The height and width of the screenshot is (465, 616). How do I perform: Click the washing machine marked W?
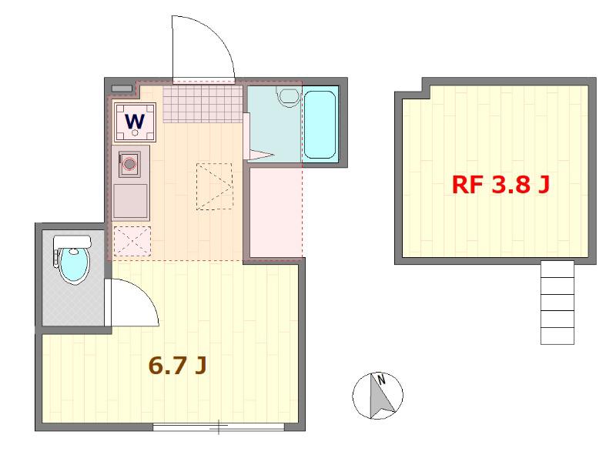point(135,122)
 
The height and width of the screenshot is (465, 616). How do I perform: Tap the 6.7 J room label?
point(177,366)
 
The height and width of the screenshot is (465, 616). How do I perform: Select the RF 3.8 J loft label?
point(500,185)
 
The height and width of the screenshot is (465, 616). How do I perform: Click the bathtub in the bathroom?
point(320,125)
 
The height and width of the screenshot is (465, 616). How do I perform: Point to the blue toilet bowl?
point(74,265)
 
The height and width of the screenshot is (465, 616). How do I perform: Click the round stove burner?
point(129,164)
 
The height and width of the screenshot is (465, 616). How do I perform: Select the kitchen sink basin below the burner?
point(130,201)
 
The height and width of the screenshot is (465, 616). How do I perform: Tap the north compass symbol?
point(377,395)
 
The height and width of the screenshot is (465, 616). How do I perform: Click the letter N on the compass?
point(381,380)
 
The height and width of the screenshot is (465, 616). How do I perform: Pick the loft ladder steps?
point(557,303)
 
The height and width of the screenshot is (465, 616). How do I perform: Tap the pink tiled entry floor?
point(203,104)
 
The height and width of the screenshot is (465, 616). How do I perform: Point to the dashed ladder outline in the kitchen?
point(214,186)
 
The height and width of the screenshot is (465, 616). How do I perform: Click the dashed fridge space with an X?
point(132,242)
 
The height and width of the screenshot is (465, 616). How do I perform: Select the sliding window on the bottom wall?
point(219,427)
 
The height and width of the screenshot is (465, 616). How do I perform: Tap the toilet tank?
point(72,242)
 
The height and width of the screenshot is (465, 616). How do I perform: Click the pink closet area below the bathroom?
point(276,212)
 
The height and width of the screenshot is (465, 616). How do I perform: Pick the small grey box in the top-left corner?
point(122,89)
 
